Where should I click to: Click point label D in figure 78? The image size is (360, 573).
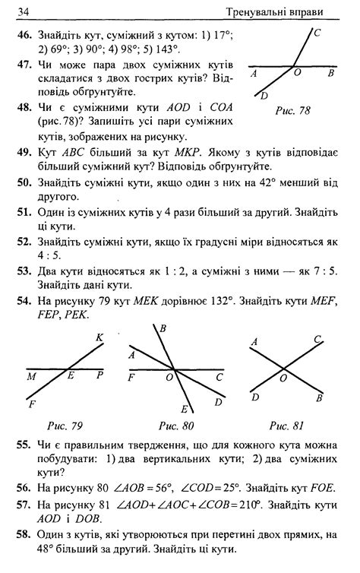pyautogui.click(x=264, y=96)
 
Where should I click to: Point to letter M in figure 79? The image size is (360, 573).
pyautogui.click(x=30, y=375)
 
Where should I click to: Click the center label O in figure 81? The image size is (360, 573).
pyautogui.click(x=283, y=378)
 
